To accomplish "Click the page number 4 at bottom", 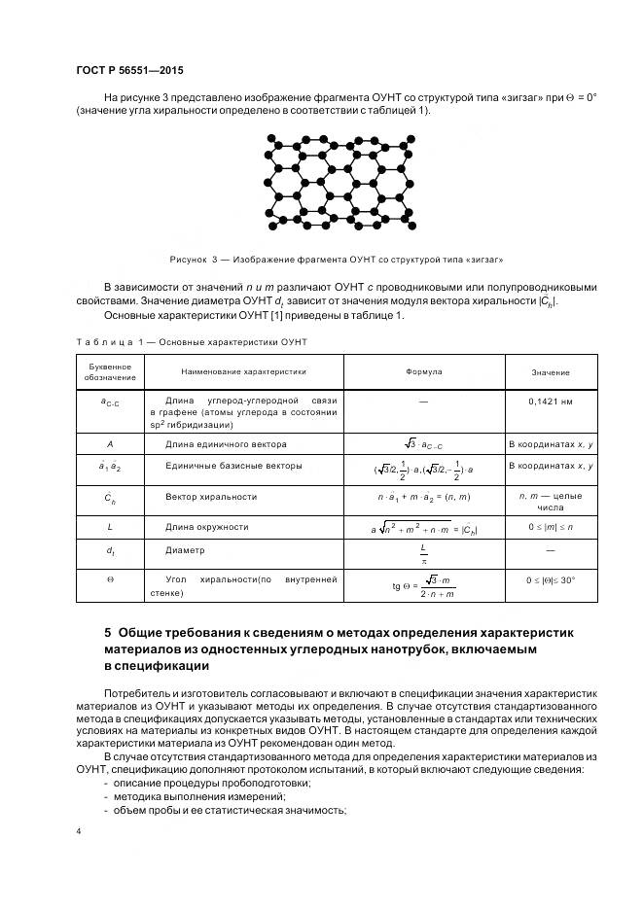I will tap(78, 832).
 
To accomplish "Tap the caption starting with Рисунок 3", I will tap(336, 260).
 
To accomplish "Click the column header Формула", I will tap(423, 372).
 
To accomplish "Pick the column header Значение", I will tap(551, 373).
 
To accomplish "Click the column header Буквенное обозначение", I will tap(109, 372).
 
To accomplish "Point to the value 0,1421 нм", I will tap(551, 401).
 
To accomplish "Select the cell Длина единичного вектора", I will tap(226, 444).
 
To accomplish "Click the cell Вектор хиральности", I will tap(211, 497).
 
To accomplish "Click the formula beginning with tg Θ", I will tap(423, 586).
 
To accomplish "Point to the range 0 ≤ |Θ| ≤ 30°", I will tap(551, 579).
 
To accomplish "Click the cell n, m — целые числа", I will tap(551, 502).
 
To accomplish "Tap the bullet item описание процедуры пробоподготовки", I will tap(212, 784).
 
